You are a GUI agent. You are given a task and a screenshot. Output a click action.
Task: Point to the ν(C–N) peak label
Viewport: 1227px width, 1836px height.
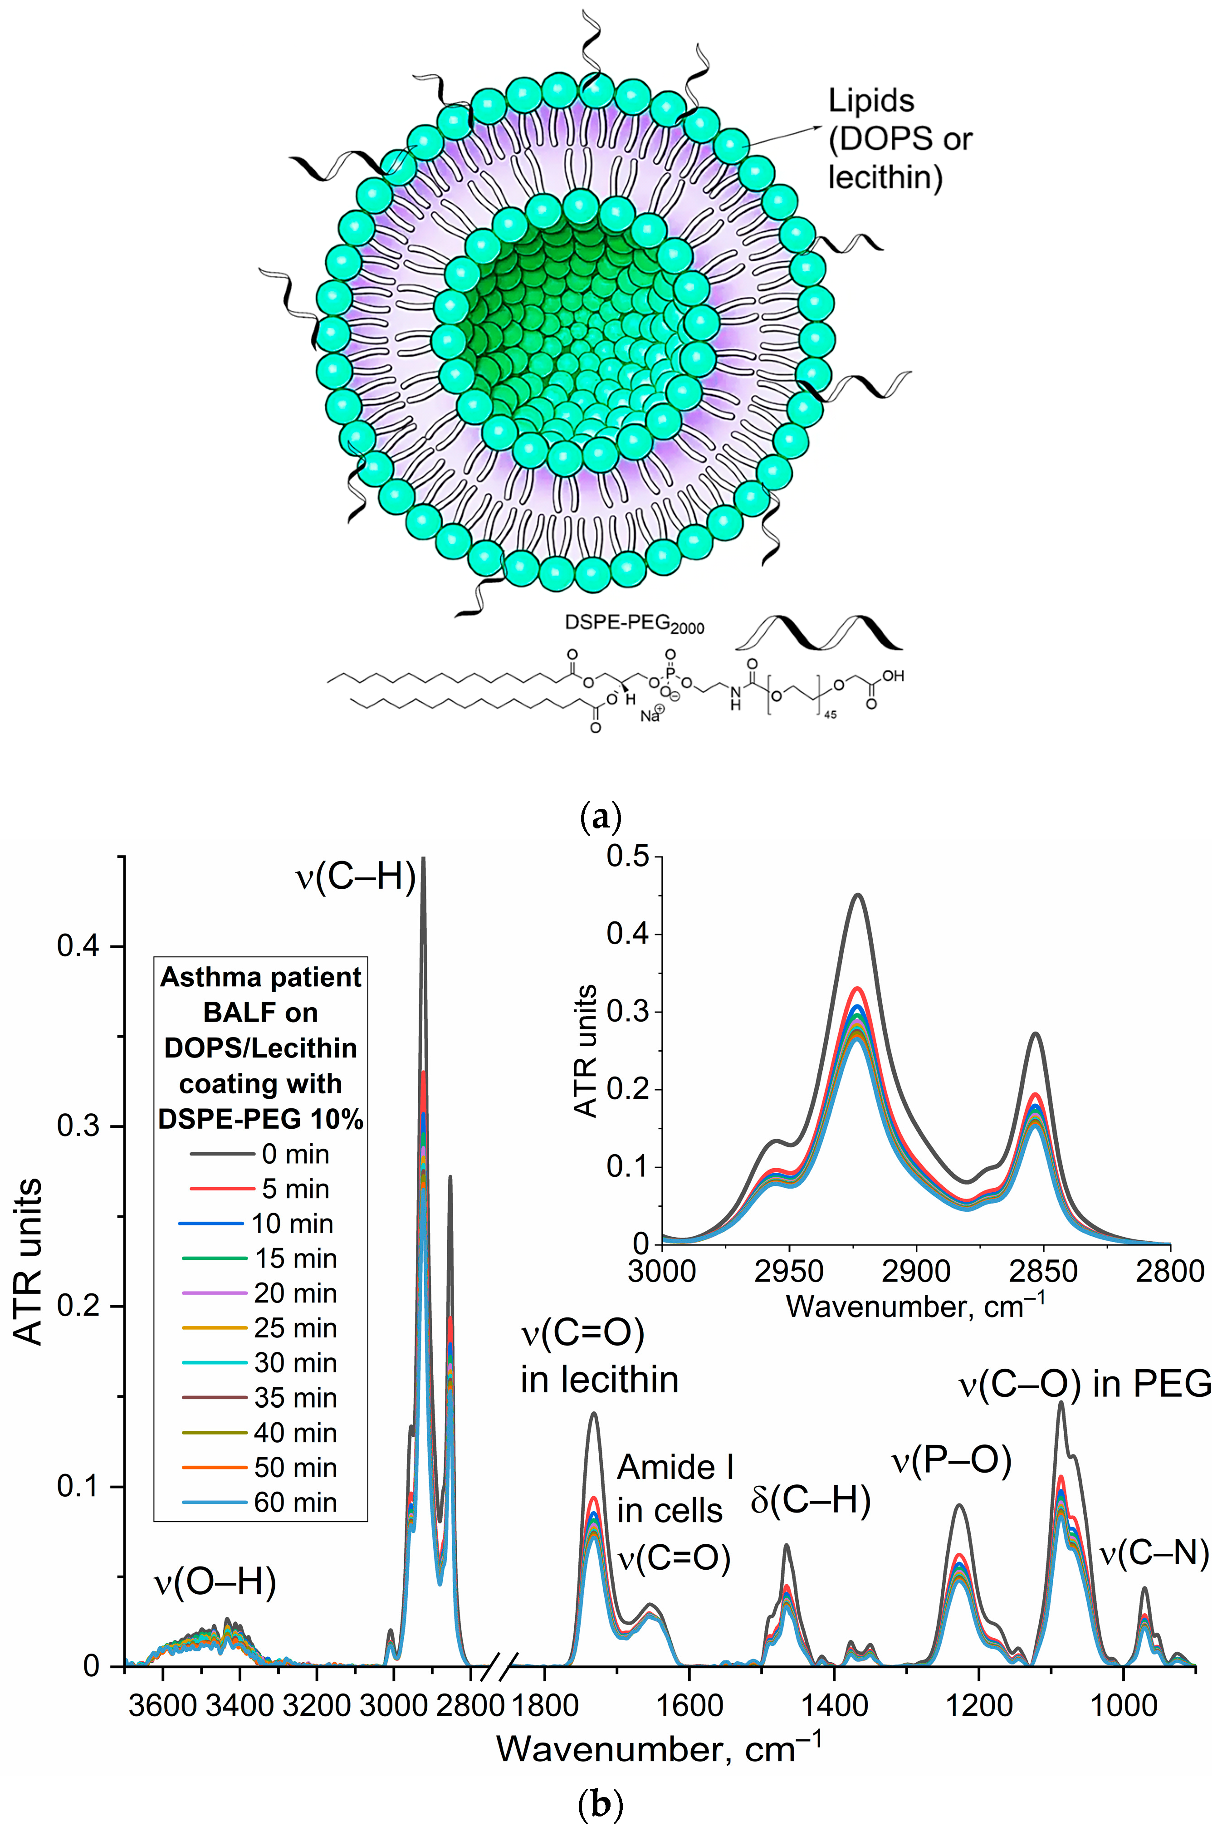pyautogui.click(x=1154, y=1553)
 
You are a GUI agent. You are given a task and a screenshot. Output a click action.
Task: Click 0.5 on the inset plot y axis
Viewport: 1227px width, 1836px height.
pyautogui.click(x=628, y=856)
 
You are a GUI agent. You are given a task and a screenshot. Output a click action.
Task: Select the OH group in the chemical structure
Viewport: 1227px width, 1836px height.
pyautogui.click(x=892, y=676)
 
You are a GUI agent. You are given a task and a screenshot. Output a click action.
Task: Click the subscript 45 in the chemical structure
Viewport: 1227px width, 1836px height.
pyautogui.click(x=830, y=715)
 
